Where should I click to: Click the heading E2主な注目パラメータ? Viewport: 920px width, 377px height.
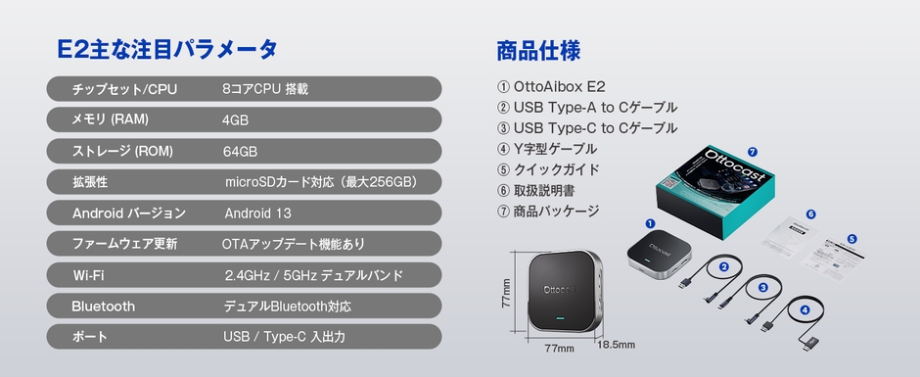(x=167, y=49)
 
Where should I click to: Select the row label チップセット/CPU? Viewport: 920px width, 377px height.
(x=124, y=89)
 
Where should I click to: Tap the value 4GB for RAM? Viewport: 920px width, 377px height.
(x=235, y=120)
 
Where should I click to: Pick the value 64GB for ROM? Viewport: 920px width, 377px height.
(x=240, y=152)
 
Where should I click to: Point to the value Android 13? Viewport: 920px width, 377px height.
(x=258, y=213)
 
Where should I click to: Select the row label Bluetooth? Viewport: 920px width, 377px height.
(x=103, y=306)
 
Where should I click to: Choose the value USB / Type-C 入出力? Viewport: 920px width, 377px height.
(x=284, y=337)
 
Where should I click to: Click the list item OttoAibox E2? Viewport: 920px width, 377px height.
(x=559, y=86)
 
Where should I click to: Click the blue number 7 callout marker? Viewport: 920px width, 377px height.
(x=752, y=152)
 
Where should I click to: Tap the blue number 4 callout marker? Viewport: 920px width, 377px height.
(x=805, y=309)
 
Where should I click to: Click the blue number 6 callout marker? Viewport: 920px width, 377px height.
(x=810, y=213)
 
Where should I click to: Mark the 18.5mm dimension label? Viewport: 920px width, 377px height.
(x=616, y=344)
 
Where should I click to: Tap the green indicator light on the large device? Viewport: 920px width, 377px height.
(x=559, y=319)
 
